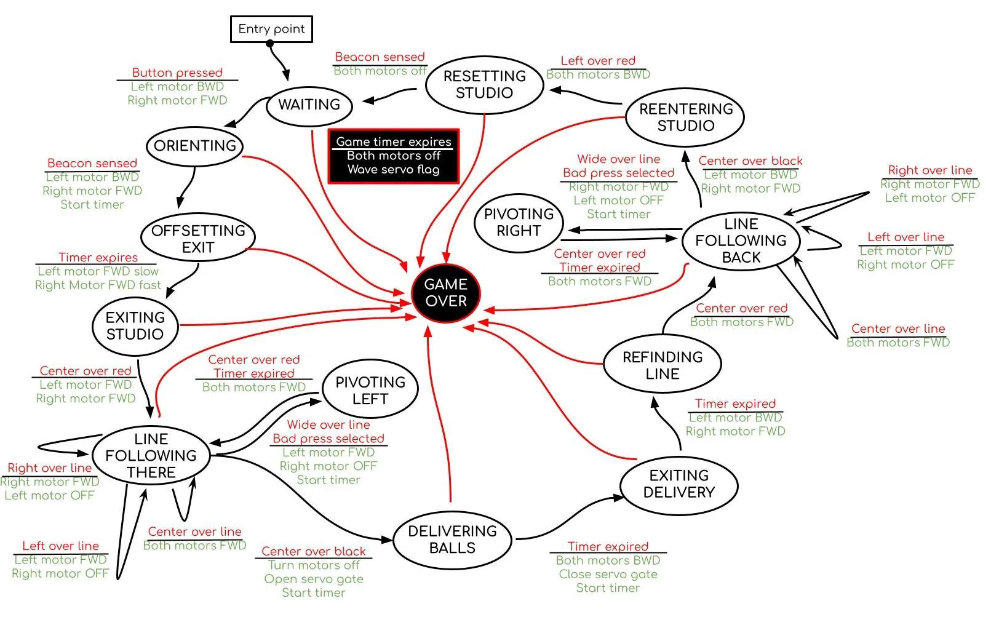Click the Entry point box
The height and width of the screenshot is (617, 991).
pyautogui.click(x=271, y=29)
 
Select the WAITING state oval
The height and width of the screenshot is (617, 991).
pyautogui.click(x=309, y=105)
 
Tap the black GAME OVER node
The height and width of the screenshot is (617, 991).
pyautogui.click(x=445, y=293)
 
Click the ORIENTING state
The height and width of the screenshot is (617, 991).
pyautogui.click(x=195, y=146)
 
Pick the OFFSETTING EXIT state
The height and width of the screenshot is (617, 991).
pyautogui.click(x=198, y=239)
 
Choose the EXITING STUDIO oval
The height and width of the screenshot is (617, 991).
pyautogui.click(x=135, y=326)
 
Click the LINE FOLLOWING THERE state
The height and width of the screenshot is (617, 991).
pyautogui.click(x=151, y=456)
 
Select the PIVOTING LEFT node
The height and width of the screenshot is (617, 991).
pyautogui.click(x=370, y=391)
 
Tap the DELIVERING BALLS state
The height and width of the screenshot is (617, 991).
pyautogui.click(x=452, y=539)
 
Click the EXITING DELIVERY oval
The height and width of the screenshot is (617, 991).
pyautogui.click(x=679, y=484)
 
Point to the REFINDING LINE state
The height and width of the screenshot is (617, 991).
pyautogui.click(x=663, y=365)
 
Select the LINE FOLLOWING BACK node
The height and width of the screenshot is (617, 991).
pyautogui.click(x=741, y=241)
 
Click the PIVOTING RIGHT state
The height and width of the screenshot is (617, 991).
pyautogui.click(x=519, y=223)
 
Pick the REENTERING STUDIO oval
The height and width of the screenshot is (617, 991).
pyautogui.click(x=685, y=117)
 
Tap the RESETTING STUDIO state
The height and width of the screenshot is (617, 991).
pyautogui.click(x=484, y=85)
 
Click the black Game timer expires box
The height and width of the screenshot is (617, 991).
pyautogui.click(x=394, y=156)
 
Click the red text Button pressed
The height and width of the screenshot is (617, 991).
pyautogui.click(x=177, y=73)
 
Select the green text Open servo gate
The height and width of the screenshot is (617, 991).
pyautogui.click(x=314, y=579)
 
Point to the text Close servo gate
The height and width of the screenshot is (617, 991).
pyautogui.click(x=608, y=574)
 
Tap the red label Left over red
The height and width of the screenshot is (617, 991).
pyautogui.click(x=598, y=61)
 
